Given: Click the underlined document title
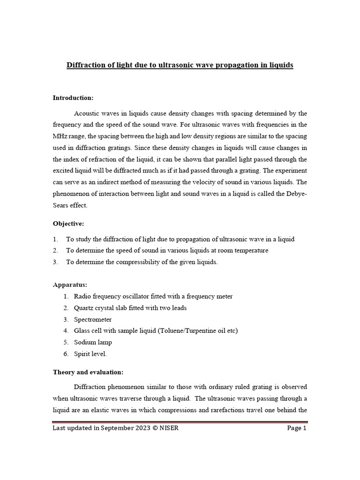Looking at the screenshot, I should click(180, 65).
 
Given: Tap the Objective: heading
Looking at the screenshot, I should click(68, 224).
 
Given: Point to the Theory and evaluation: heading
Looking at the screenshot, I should click(88, 372).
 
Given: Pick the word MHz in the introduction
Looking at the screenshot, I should click(60, 136).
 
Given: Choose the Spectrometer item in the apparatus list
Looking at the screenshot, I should click(93, 319).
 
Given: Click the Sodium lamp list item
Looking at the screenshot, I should click(93, 342).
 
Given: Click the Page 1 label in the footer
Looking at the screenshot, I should click(296, 428).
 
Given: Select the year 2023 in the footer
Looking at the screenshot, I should click(141, 428).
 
